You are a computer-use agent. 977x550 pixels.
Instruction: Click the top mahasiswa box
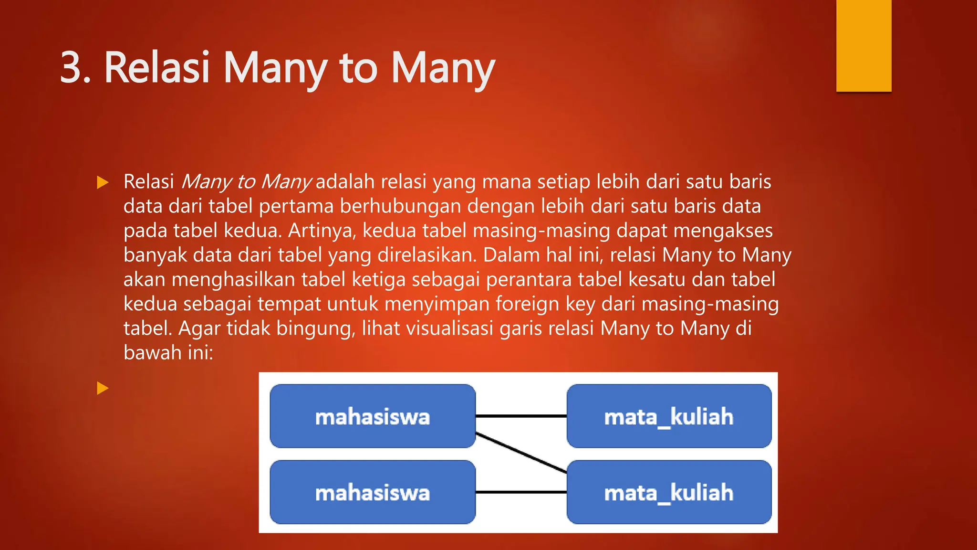coord(373,416)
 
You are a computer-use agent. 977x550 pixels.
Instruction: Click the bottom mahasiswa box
coord(373,492)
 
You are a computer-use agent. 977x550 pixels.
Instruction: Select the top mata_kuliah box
coord(669,416)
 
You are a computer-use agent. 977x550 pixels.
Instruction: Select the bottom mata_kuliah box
coord(669,492)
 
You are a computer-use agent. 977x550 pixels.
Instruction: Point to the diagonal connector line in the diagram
coord(521,453)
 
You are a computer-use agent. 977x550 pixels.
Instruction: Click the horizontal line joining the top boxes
coord(521,416)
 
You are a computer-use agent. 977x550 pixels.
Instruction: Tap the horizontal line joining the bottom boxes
coord(521,492)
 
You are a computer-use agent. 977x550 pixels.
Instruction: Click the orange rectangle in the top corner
coord(863,46)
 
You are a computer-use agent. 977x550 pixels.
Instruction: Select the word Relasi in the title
coord(157,68)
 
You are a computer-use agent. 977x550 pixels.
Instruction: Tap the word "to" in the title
coord(358,68)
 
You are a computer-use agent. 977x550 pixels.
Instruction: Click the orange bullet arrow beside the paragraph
coord(103,182)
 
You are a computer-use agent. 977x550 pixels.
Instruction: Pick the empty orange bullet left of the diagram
coord(103,388)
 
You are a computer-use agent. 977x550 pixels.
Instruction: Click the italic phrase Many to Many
coord(246,182)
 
